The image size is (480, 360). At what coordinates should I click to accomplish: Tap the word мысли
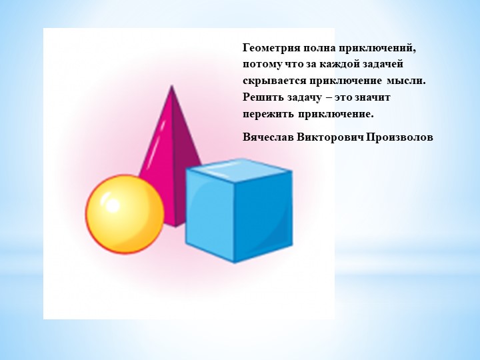tap(406, 81)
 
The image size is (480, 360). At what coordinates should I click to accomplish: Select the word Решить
tap(263, 97)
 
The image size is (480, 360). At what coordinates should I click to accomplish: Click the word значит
tap(372, 97)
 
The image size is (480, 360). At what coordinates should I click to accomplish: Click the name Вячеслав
tap(268, 137)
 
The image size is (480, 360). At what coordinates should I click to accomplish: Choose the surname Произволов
tap(399, 137)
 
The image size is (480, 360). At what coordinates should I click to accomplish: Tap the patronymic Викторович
tap(330, 137)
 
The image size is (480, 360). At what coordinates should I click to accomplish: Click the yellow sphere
tap(125, 214)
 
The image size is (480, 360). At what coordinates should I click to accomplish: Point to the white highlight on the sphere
tap(112, 205)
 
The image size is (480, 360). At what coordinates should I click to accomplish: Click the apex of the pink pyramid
tap(172, 85)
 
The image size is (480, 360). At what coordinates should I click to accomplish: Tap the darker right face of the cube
tap(264, 217)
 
